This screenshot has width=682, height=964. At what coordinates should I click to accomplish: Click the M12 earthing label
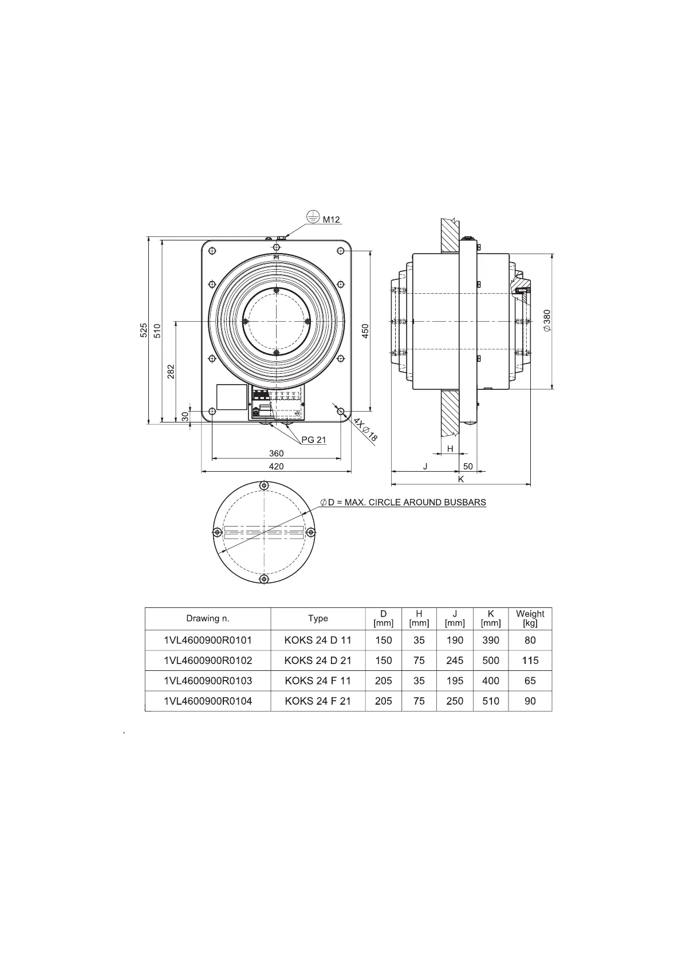[331, 220]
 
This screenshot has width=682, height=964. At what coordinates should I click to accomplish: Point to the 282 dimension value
[171, 371]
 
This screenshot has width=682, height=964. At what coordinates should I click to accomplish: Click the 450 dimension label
[365, 330]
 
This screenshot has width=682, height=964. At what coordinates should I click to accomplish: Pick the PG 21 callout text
[313, 440]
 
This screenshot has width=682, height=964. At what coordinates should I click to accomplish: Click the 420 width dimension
[276, 467]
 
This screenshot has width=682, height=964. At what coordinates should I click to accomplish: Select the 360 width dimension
[276, 453]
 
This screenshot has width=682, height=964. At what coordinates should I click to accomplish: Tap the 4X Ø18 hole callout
[365, 429]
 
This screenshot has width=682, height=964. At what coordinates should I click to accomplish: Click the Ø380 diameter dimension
[547, 321]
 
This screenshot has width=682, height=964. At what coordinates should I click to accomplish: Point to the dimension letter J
[425, 467]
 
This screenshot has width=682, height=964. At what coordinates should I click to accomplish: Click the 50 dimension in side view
[468, 467]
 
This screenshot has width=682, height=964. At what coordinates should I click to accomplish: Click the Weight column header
[530, 618]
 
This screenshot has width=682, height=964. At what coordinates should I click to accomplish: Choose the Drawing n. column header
[207, 618]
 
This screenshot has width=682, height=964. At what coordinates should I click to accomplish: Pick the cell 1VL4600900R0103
[208, 681]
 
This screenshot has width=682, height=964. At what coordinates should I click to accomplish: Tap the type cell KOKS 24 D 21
[318, 660]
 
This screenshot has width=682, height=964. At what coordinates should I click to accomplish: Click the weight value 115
[530, 660]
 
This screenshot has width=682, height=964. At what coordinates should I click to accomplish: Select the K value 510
[491, 701]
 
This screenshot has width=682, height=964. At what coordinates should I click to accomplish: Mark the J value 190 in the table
[455, 640]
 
